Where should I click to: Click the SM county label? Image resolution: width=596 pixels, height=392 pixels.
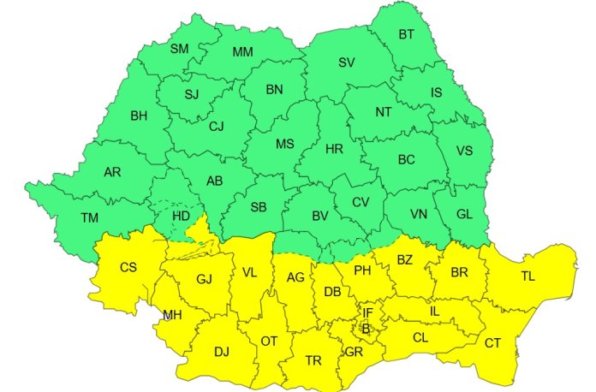coord(179,49)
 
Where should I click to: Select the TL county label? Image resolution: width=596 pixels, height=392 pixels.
coord(531,276)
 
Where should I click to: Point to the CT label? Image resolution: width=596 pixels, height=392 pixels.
coord(493,343)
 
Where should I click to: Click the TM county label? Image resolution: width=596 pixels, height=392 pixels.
coord(89,217)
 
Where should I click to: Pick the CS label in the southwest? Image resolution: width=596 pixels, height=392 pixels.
coord(128,268)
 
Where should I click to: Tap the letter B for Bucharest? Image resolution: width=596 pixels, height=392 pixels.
coord(365,328)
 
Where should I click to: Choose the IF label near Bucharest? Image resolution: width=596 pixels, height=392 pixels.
coord(367,313)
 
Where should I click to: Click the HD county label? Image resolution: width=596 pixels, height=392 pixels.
coord(182,216)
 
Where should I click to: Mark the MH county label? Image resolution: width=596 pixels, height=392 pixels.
coord(172,316)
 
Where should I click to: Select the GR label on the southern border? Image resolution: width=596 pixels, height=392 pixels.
coord(354,352)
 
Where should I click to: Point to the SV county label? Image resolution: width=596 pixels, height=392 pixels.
coord(347,62)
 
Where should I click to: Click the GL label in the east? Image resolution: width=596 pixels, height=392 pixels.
coord(462,214)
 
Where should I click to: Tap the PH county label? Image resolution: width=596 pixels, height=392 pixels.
coord(362,270)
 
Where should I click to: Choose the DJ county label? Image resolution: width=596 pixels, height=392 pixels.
coord(222,351)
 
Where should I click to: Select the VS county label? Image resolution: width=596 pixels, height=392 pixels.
coord(464,151)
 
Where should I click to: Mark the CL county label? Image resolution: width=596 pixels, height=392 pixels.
coord(420,337)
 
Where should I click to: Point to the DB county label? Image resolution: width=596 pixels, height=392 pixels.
coord(333,292)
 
